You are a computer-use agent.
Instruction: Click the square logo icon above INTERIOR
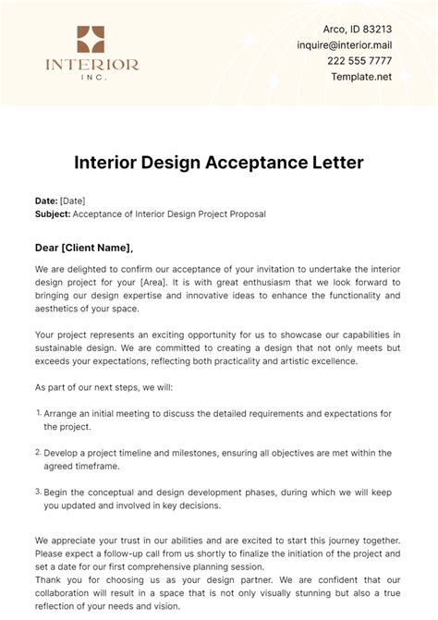[x=91, y=40]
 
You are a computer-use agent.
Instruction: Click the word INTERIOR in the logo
[x=91, y=65]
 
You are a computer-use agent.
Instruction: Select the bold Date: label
[x=45, y=200]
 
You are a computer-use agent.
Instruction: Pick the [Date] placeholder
[x=73, y=200]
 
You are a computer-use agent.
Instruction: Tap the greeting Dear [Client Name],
[x=83, y=247]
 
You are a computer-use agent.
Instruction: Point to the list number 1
[x=38, y=413]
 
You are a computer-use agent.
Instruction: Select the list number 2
[x=38, y=452]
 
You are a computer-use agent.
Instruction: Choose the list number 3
[x=38, y=492]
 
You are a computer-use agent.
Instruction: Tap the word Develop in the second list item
[x=65, y=453]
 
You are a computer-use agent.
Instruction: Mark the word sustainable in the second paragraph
[x=68, y=347]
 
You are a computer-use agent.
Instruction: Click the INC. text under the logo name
[x=91, y=77]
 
